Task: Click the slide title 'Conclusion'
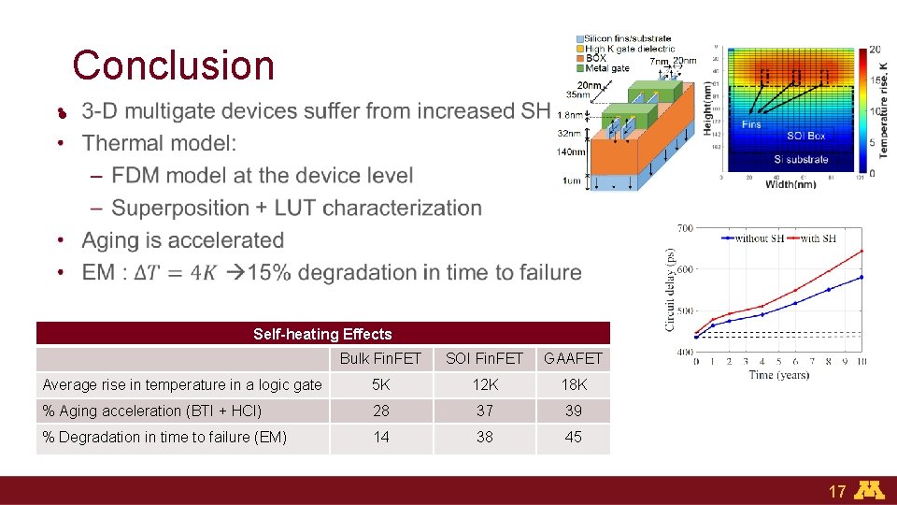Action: point(173,65)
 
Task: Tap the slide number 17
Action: point(836,491)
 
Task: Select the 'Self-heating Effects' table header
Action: point(322,334)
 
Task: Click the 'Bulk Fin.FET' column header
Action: point(380,358)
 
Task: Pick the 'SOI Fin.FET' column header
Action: point(484,358)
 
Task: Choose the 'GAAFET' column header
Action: point(573,358)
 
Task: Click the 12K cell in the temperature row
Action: point(484,384)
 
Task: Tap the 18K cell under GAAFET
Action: point(573,384)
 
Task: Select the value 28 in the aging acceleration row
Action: point(380,411)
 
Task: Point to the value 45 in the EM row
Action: point(573,437)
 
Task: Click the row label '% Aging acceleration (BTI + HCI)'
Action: point(151,411)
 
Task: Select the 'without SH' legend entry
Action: point(758,238)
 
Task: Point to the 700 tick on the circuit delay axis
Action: point(684,228)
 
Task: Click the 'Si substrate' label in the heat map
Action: point(801,159)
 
